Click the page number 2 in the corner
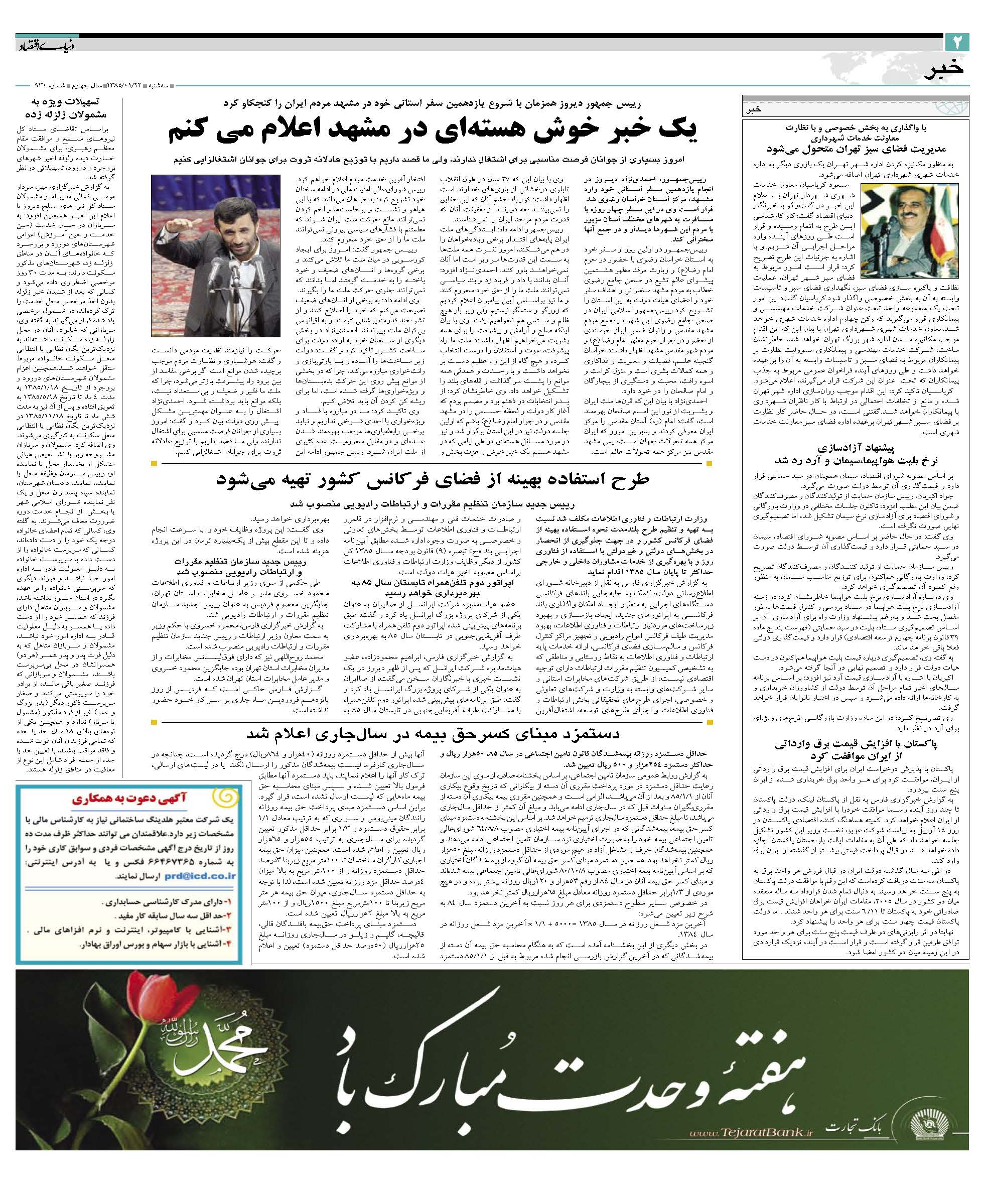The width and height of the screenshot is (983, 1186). tap(957, 41)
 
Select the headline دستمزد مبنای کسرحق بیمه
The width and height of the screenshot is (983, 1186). tap(434, 734)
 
